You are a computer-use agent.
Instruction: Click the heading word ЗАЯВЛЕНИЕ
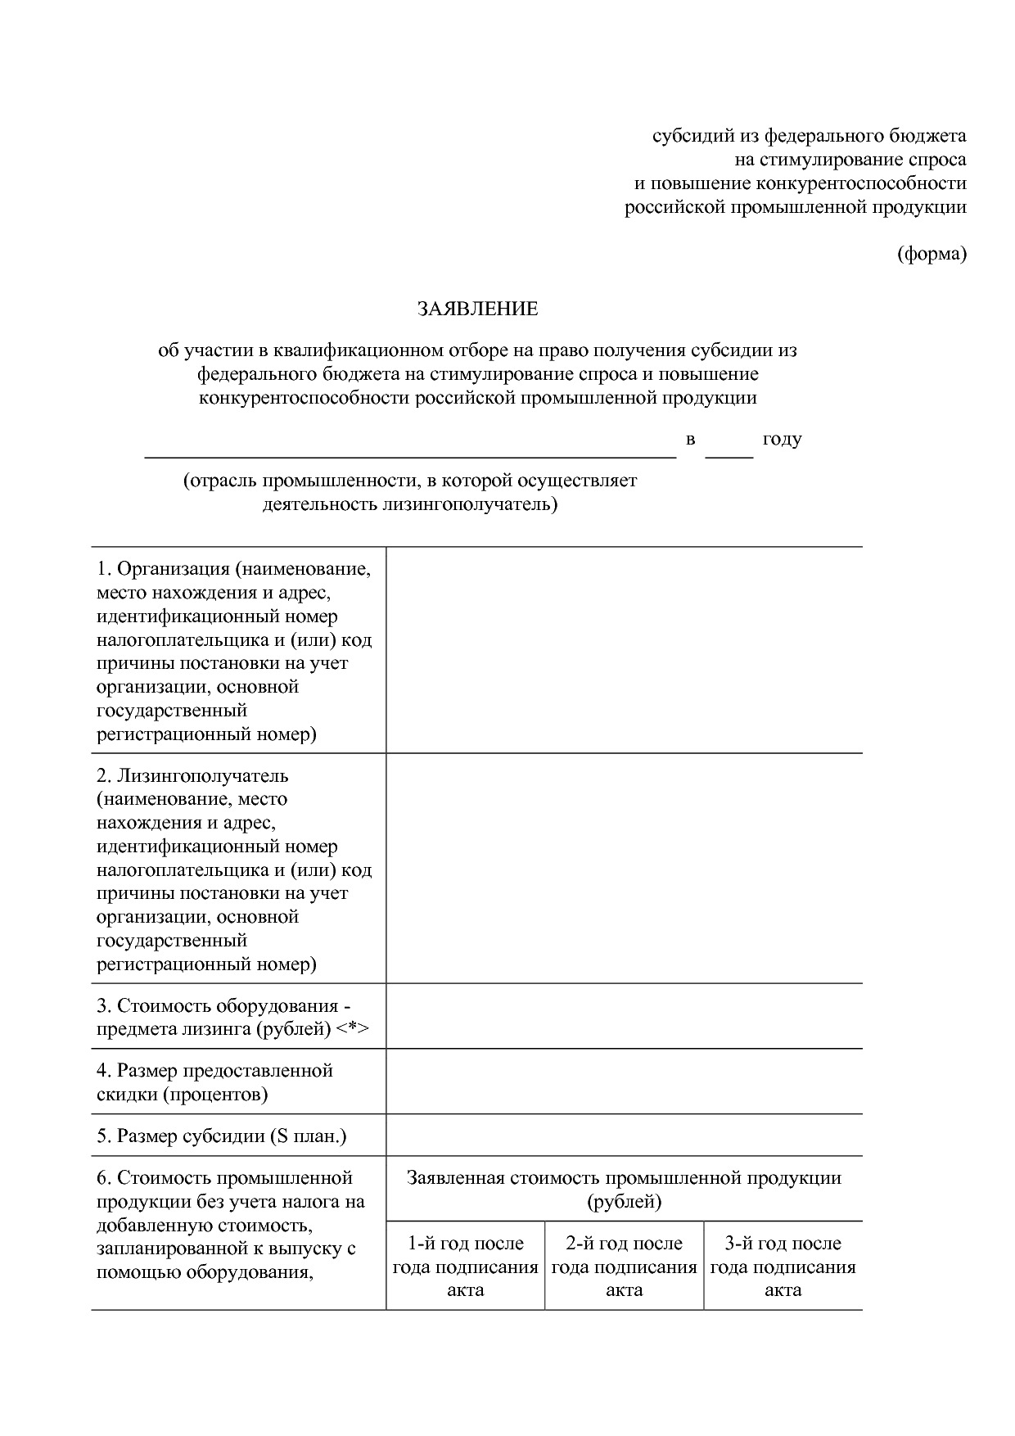pyautogui.click(x=477, y=309)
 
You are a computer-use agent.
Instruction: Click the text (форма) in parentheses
pyautogui.click(x=932, y=254)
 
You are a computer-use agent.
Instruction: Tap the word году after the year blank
pyautogui.click(x=782, y=439)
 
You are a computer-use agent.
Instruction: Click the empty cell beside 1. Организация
pyautogui.click(x=624, y=650)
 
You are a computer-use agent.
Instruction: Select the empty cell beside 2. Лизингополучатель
pyautogui.click(x=624, y=868)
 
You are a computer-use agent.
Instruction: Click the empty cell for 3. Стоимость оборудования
pyautogui.click(x=624, y=1016)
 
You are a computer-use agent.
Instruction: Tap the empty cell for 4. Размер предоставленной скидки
pyautogui.click(x=624, y=1082)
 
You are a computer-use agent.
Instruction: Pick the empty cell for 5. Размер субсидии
pyautogui.click(x=624, y=1136)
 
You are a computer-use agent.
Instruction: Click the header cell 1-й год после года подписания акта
pyautogui.click(x=465, y=1267)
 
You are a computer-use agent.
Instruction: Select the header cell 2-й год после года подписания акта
pyautogui.click(x=624, y=1267)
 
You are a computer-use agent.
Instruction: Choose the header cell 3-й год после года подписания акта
pyautogui.click(x=783, y=1267)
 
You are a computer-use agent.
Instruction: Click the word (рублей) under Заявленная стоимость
pyautogui.click(x=624, y=1202)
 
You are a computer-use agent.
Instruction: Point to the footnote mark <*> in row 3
pyautogui.click(x=353, y=1029)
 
